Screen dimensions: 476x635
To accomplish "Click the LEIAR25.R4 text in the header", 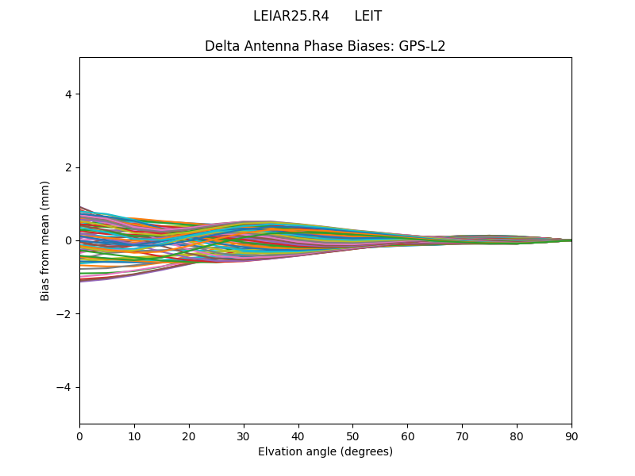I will (291, 16).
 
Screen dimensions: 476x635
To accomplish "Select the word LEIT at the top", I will (368, 16).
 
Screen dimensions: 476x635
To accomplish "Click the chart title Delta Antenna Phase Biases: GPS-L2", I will (325, 46).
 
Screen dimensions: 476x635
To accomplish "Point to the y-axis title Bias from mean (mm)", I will (45, 240).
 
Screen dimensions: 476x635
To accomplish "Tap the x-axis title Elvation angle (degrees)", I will (325, 452).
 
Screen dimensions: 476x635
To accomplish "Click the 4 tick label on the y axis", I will (68, 94).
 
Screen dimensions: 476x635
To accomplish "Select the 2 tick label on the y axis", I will (68, 167).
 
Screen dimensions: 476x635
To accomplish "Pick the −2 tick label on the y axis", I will (65, 314).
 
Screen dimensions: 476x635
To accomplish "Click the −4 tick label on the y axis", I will (65, 387).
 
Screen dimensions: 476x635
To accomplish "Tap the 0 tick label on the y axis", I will (68, 240).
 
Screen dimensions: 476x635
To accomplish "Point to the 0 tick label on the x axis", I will (79, 436).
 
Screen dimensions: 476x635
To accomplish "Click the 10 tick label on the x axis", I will (134, 436).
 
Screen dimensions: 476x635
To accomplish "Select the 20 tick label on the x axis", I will (189, 436).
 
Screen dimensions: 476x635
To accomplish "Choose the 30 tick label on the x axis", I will (244, 436).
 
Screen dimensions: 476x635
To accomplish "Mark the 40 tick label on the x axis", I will (298, 436).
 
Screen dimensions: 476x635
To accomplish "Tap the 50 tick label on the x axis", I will (352, 436).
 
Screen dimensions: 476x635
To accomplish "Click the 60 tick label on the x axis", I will (407, 436).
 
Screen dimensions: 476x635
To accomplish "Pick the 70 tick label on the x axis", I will (462, 436).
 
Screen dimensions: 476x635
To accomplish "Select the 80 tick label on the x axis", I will (517, 436).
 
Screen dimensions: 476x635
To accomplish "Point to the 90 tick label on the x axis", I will (571, 436).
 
